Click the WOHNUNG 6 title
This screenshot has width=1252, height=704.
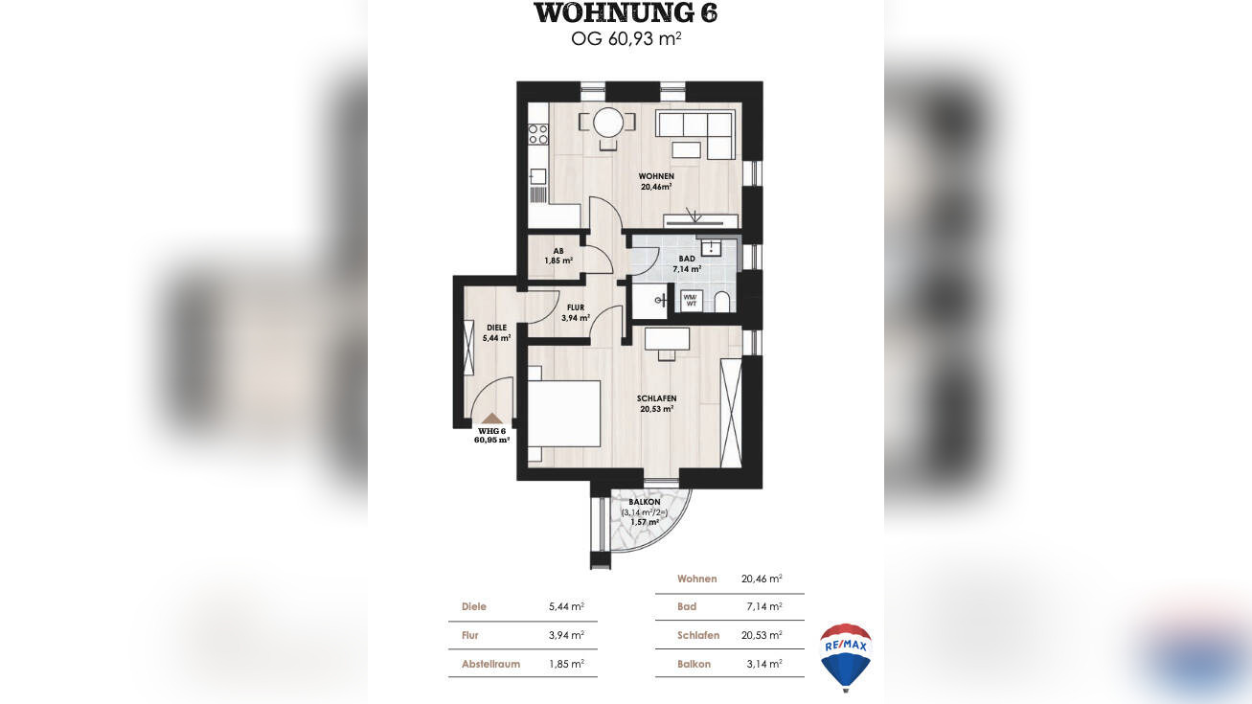[x=626, y=12]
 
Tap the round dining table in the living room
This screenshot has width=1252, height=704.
[x=608, y=123]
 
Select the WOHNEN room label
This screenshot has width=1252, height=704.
[x=656, y=176]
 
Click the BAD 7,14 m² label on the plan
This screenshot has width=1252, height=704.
[x=687, y=263]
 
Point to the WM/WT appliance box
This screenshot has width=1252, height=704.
[x=692, y=301]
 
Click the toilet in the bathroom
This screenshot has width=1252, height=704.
[x=722, y=302]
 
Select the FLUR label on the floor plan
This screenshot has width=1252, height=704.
[x=576, y=307]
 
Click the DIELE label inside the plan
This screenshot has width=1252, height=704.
[x=496, y=328]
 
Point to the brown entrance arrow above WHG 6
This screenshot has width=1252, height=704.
[x=491, y=419]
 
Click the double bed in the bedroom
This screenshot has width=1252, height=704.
[x=564, y=414]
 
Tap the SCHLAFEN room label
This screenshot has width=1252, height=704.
[x=657, y=398]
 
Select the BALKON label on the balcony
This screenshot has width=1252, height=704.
[x=645, y=502]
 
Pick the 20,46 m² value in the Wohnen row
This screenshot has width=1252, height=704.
[x=762, y=579]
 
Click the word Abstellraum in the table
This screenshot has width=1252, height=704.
[x=490, y=665]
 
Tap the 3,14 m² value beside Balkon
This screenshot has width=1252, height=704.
[x=764, y=664]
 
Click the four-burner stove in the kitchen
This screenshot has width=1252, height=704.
[x=538, y=134]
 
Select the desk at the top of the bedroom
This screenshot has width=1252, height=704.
[x=667, y=339]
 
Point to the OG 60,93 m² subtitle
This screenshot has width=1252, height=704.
[x=626, y=39]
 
